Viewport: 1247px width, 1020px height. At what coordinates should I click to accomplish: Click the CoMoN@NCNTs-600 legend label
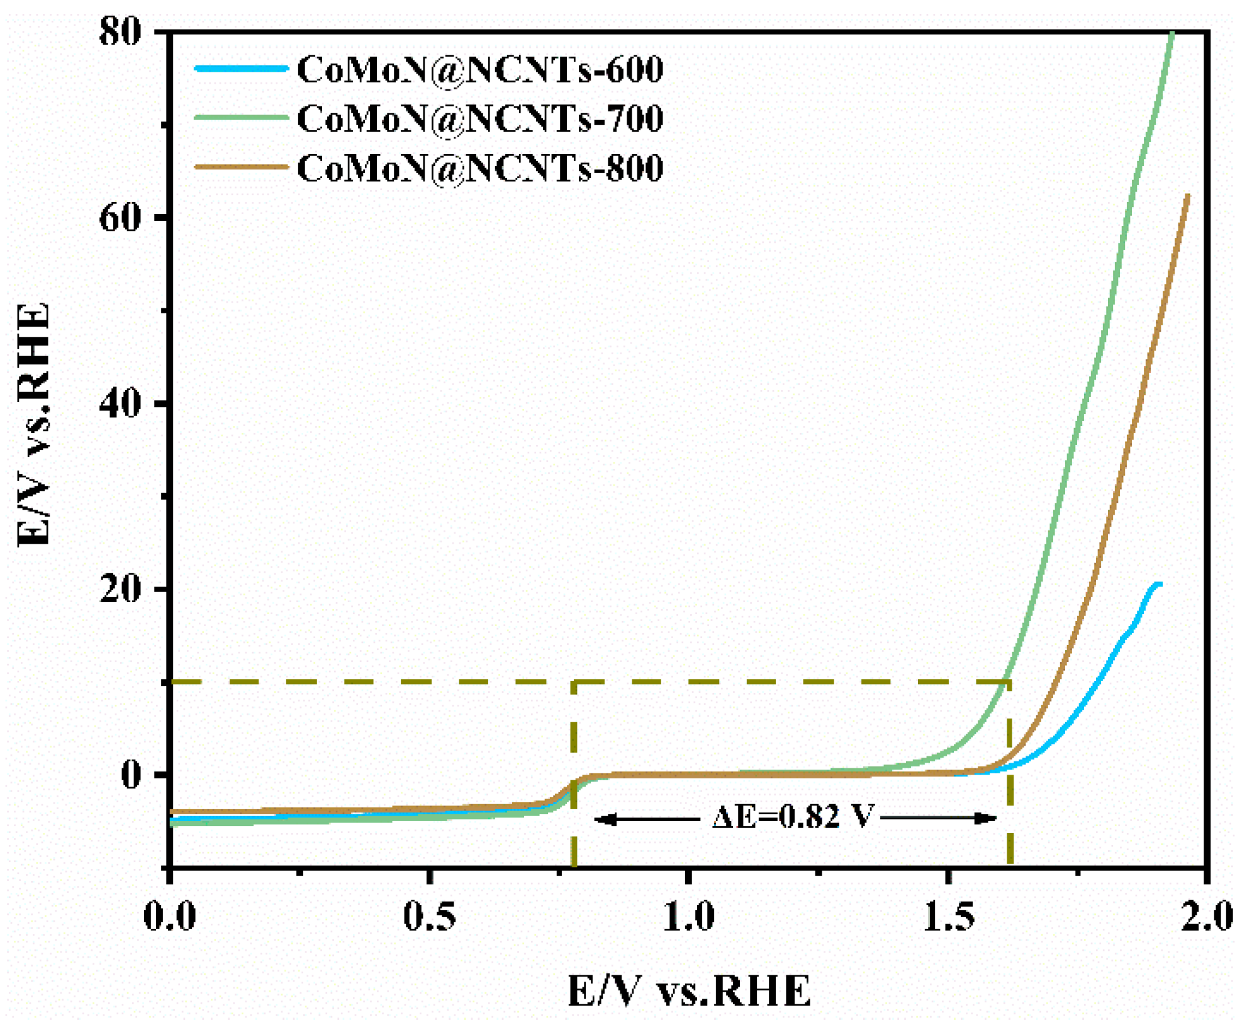pyautogui.click(x=479, y=69)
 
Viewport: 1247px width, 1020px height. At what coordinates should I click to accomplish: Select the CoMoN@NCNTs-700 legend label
pyautogui.click(x=479, y=118)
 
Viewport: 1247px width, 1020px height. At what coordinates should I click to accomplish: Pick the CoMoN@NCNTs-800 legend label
pyautogui.click(x=479, y=168)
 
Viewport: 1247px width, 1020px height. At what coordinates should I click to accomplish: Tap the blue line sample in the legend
pyautogui.click(x=241, y=68)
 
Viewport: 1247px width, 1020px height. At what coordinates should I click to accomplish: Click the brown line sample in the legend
pyautogui.click(x=241, y=167)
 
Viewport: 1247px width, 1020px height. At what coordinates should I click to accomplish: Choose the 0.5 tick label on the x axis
pyautogui.click(x=429, y=916)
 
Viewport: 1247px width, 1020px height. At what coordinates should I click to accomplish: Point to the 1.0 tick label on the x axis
pyautogui.click(x=689, y=916)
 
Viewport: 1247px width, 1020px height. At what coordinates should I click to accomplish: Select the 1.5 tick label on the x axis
pyautogui.click(x=949, y=916)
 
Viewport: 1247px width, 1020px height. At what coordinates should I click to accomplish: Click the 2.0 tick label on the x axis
pyautogui.click(x=1207, y=916)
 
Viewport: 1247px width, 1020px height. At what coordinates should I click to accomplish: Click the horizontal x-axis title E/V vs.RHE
pyautogui.click(x=689, y=991)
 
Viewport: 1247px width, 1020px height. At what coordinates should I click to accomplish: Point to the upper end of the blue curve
pyautogui.click(x=1158, y=585)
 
